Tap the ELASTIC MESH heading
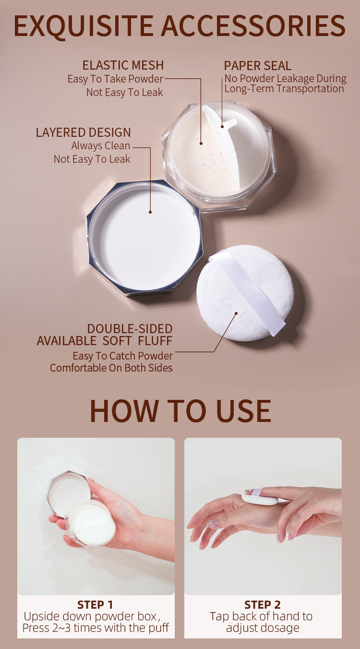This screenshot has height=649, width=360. [123, 65]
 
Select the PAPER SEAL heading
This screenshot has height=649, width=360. [257, 66]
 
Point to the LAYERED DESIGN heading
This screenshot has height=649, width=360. [83, 132]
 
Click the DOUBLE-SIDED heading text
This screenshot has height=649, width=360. [130, 329]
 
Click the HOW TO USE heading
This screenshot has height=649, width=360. [180, 411]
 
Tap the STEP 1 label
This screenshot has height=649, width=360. [96, 604]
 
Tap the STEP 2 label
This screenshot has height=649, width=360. [263, 604]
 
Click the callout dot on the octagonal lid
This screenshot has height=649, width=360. [150, 212]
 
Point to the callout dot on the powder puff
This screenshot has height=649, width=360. [236, 313]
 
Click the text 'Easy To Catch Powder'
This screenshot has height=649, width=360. [122, 356]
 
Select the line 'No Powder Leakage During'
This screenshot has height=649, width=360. [285, 79]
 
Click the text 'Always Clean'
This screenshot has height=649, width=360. [101, 146]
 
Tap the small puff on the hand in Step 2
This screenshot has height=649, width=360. [259, 498]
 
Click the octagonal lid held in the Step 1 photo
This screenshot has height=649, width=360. [70, 490]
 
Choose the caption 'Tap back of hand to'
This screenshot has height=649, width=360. [261, 616]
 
